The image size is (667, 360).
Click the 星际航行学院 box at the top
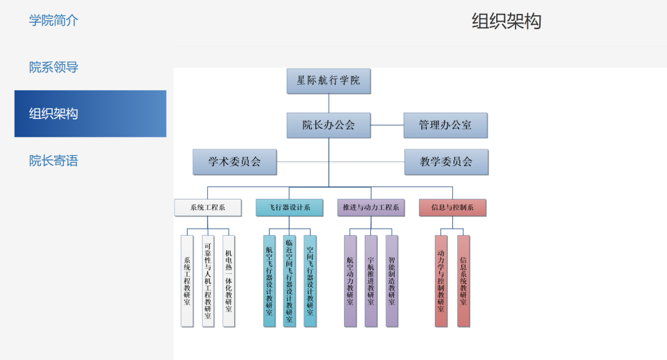(329, 81)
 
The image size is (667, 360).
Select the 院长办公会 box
(329, 125)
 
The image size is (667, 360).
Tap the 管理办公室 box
(445, 125)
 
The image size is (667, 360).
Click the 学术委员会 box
(235, 162)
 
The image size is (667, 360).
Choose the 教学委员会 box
(446, 162)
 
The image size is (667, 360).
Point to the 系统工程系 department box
(208, 207)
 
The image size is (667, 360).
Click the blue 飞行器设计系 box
(289, 207)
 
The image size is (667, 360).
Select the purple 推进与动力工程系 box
(371, 207)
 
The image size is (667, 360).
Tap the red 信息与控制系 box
(452, 207)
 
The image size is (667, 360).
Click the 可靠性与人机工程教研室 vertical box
(208, 281)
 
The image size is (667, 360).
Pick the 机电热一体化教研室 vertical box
(229, 281)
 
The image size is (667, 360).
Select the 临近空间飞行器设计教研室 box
(290, 281)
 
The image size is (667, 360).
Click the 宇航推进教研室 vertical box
(371, 281)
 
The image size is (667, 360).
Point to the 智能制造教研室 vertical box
(392, 281)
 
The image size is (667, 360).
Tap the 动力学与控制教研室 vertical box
(441, 281)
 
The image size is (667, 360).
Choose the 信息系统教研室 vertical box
(463, 281)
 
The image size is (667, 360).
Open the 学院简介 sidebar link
(53, 20)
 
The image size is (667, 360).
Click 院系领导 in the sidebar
(53, 67)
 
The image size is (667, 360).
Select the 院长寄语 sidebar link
(53, 161)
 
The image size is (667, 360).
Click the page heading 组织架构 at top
(507, 22)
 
